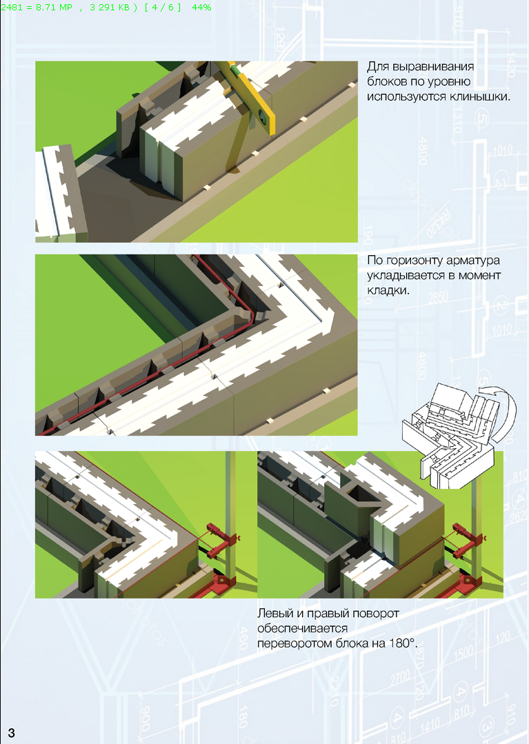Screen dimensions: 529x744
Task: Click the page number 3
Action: pyautogui.click(x=12, y=732)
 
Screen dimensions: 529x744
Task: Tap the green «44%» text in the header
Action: pyautogui.click(x=201, y=8)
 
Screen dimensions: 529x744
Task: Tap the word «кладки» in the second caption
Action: pyautogui.click(x=387, y=290)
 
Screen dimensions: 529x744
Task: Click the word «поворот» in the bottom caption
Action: pyautogui.click(x=377, y=614)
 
